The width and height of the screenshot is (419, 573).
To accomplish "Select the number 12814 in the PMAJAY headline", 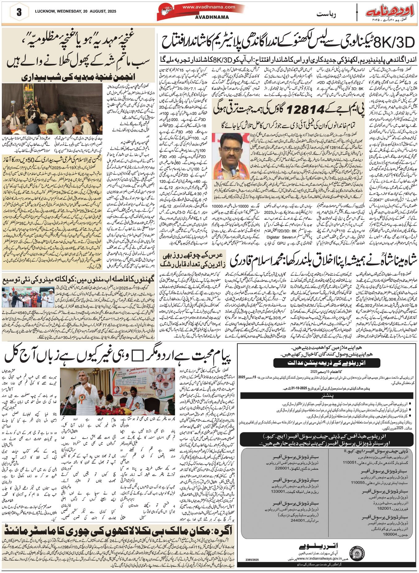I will tap(306, 109).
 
